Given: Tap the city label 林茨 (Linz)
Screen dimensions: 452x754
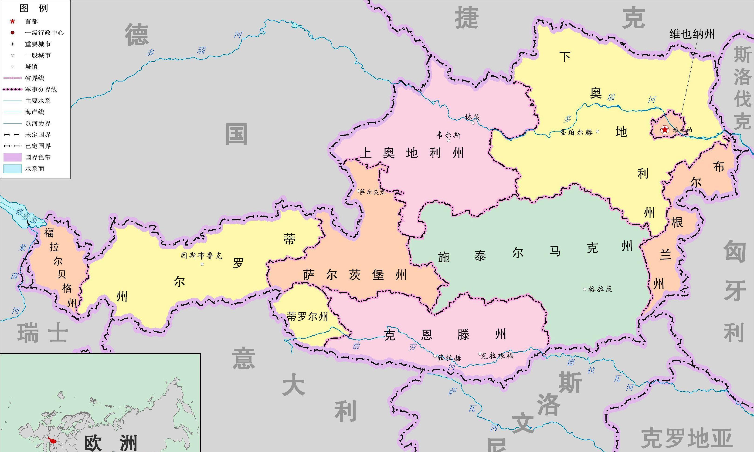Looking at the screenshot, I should [x=472, y=117].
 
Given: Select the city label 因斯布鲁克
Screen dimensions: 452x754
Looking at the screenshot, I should [x=201, y=256].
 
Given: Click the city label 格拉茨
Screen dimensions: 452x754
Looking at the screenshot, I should [x=600, y=289].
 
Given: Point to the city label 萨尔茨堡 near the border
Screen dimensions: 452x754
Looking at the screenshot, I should [x=372, y=192].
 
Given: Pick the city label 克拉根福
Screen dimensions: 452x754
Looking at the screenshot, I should [x=497, y=355].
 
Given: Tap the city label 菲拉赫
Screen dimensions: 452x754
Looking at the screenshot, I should [x=449, y=358].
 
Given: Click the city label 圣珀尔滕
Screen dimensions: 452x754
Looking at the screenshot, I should [x=576, y=132].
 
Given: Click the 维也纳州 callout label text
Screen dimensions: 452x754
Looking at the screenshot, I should [x=692, y=34].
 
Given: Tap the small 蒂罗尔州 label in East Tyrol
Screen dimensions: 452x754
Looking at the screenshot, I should [x=307, y=317].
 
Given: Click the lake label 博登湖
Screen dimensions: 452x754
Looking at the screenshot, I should [x=26, y=215].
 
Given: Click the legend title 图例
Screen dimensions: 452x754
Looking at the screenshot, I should [x=34, y=8].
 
